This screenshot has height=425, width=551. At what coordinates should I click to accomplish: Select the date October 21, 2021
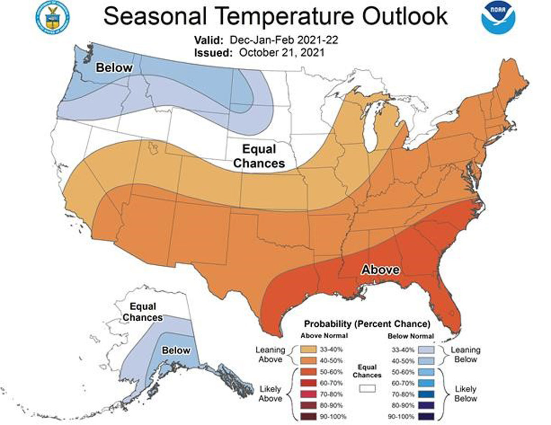coord(281,52)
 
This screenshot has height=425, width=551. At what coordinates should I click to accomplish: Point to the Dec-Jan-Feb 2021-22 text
coord(284,40)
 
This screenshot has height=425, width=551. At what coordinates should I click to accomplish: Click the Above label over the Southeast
coord(380,269)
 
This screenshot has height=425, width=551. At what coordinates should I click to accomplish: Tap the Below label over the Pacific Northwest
coord(113,68)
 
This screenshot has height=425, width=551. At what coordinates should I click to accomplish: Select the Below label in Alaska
coord(176,350)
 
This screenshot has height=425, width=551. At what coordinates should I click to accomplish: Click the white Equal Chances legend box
coord(367,388)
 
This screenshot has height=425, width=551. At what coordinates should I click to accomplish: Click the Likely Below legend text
coord(465,393)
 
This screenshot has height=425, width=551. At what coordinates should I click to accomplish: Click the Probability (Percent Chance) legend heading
coord(367,324)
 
